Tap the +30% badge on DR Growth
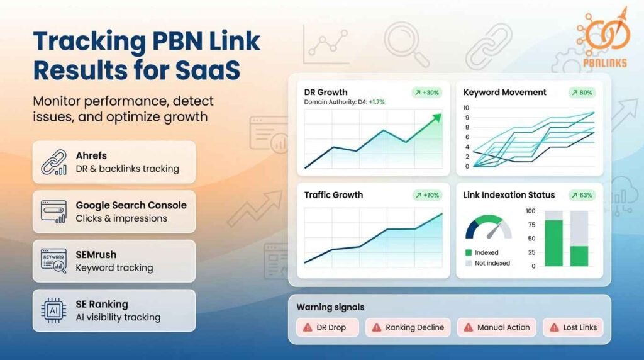tap(427, 93)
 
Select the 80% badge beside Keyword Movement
tap(582, 93)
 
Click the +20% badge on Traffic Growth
tap(427, 195)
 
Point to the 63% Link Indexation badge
tap(582, 195)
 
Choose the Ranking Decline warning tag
tap(408, 327)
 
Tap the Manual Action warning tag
tap(497, 327)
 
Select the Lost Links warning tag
tap(573, 327)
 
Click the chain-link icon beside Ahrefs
tap(53, 162)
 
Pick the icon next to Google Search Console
tap(53, 211)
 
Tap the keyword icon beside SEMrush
tap(53, 261)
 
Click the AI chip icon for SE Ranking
tap(53, 310)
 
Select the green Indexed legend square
tap(468, 252)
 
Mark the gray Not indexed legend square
tap(468, 263)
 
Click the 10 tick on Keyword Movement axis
tap(466, 108)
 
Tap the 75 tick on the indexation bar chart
tap(531, 225)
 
